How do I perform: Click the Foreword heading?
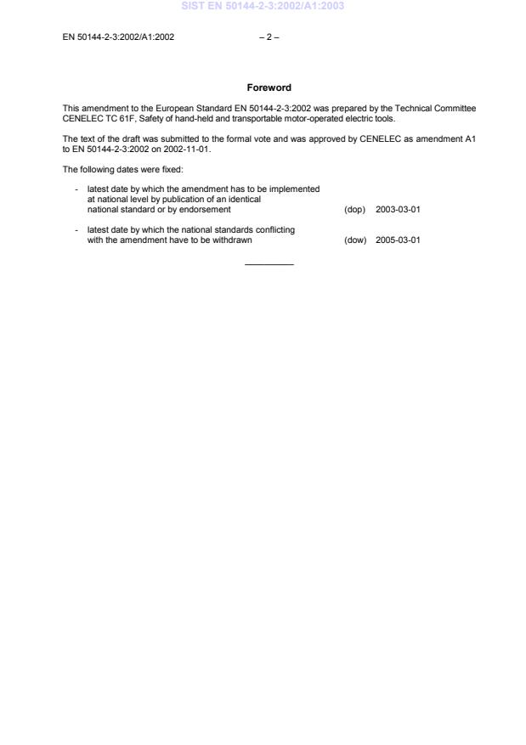[269, 87]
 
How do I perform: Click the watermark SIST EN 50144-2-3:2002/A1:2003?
[262, 7]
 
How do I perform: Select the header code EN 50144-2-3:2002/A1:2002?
[119, 37]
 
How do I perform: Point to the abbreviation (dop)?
[354, 209]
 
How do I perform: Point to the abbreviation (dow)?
[355, 240]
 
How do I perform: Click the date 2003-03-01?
[398, 209]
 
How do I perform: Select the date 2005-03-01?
[398, 240]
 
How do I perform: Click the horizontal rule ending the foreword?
[269, 265]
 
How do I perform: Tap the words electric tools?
[372, 118]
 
